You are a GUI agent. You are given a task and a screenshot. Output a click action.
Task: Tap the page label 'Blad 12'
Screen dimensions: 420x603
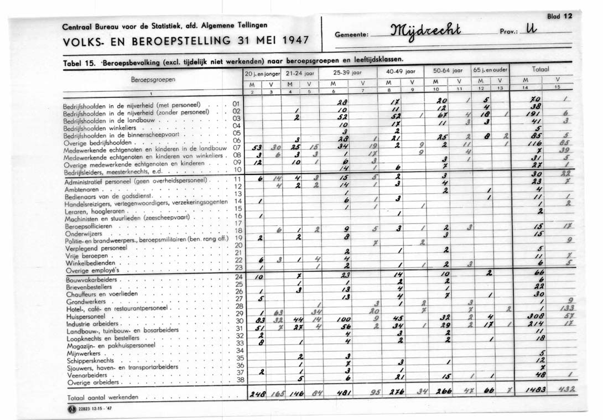coord(559,16)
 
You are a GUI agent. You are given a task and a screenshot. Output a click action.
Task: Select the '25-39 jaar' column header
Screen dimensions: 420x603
coord(347,72)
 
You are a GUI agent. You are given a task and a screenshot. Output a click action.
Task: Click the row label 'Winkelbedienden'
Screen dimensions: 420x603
coord(88,263)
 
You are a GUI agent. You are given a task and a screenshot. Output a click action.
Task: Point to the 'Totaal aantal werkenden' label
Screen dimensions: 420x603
coord(102,397)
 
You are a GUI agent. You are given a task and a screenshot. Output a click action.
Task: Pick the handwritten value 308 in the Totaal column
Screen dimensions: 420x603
coord(536,315)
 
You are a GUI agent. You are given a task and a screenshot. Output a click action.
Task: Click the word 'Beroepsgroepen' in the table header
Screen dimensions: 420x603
coord(153,80)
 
